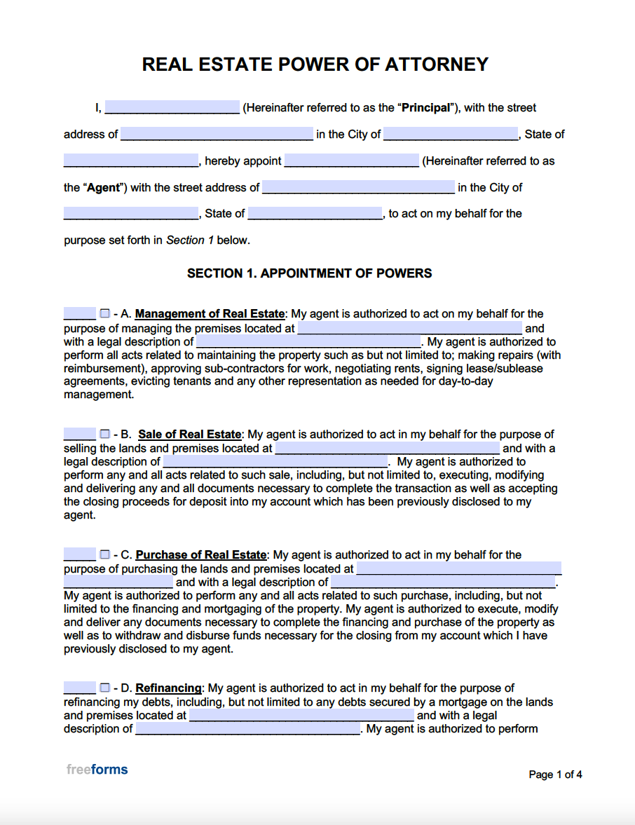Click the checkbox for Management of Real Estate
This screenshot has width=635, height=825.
[104, 313]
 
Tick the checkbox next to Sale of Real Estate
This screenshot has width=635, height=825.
[104, 434]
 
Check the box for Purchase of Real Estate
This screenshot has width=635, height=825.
[104, 554]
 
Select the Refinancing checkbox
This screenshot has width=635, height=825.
[104, 688]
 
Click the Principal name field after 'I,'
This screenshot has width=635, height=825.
[172, 107]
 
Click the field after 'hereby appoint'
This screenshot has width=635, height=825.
[351, 161]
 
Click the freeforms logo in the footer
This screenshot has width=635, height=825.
[97, 770]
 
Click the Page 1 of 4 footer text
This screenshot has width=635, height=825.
[555, 775]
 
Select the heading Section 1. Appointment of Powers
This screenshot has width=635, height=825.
[309, 273]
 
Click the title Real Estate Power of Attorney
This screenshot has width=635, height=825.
[315, 64]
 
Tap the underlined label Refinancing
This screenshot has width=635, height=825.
[168, 688]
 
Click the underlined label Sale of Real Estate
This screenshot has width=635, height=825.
[189, 435]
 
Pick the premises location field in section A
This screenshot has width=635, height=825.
[410, 328]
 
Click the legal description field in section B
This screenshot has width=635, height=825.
[275, 461]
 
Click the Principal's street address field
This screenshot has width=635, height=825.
[217, 134]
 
